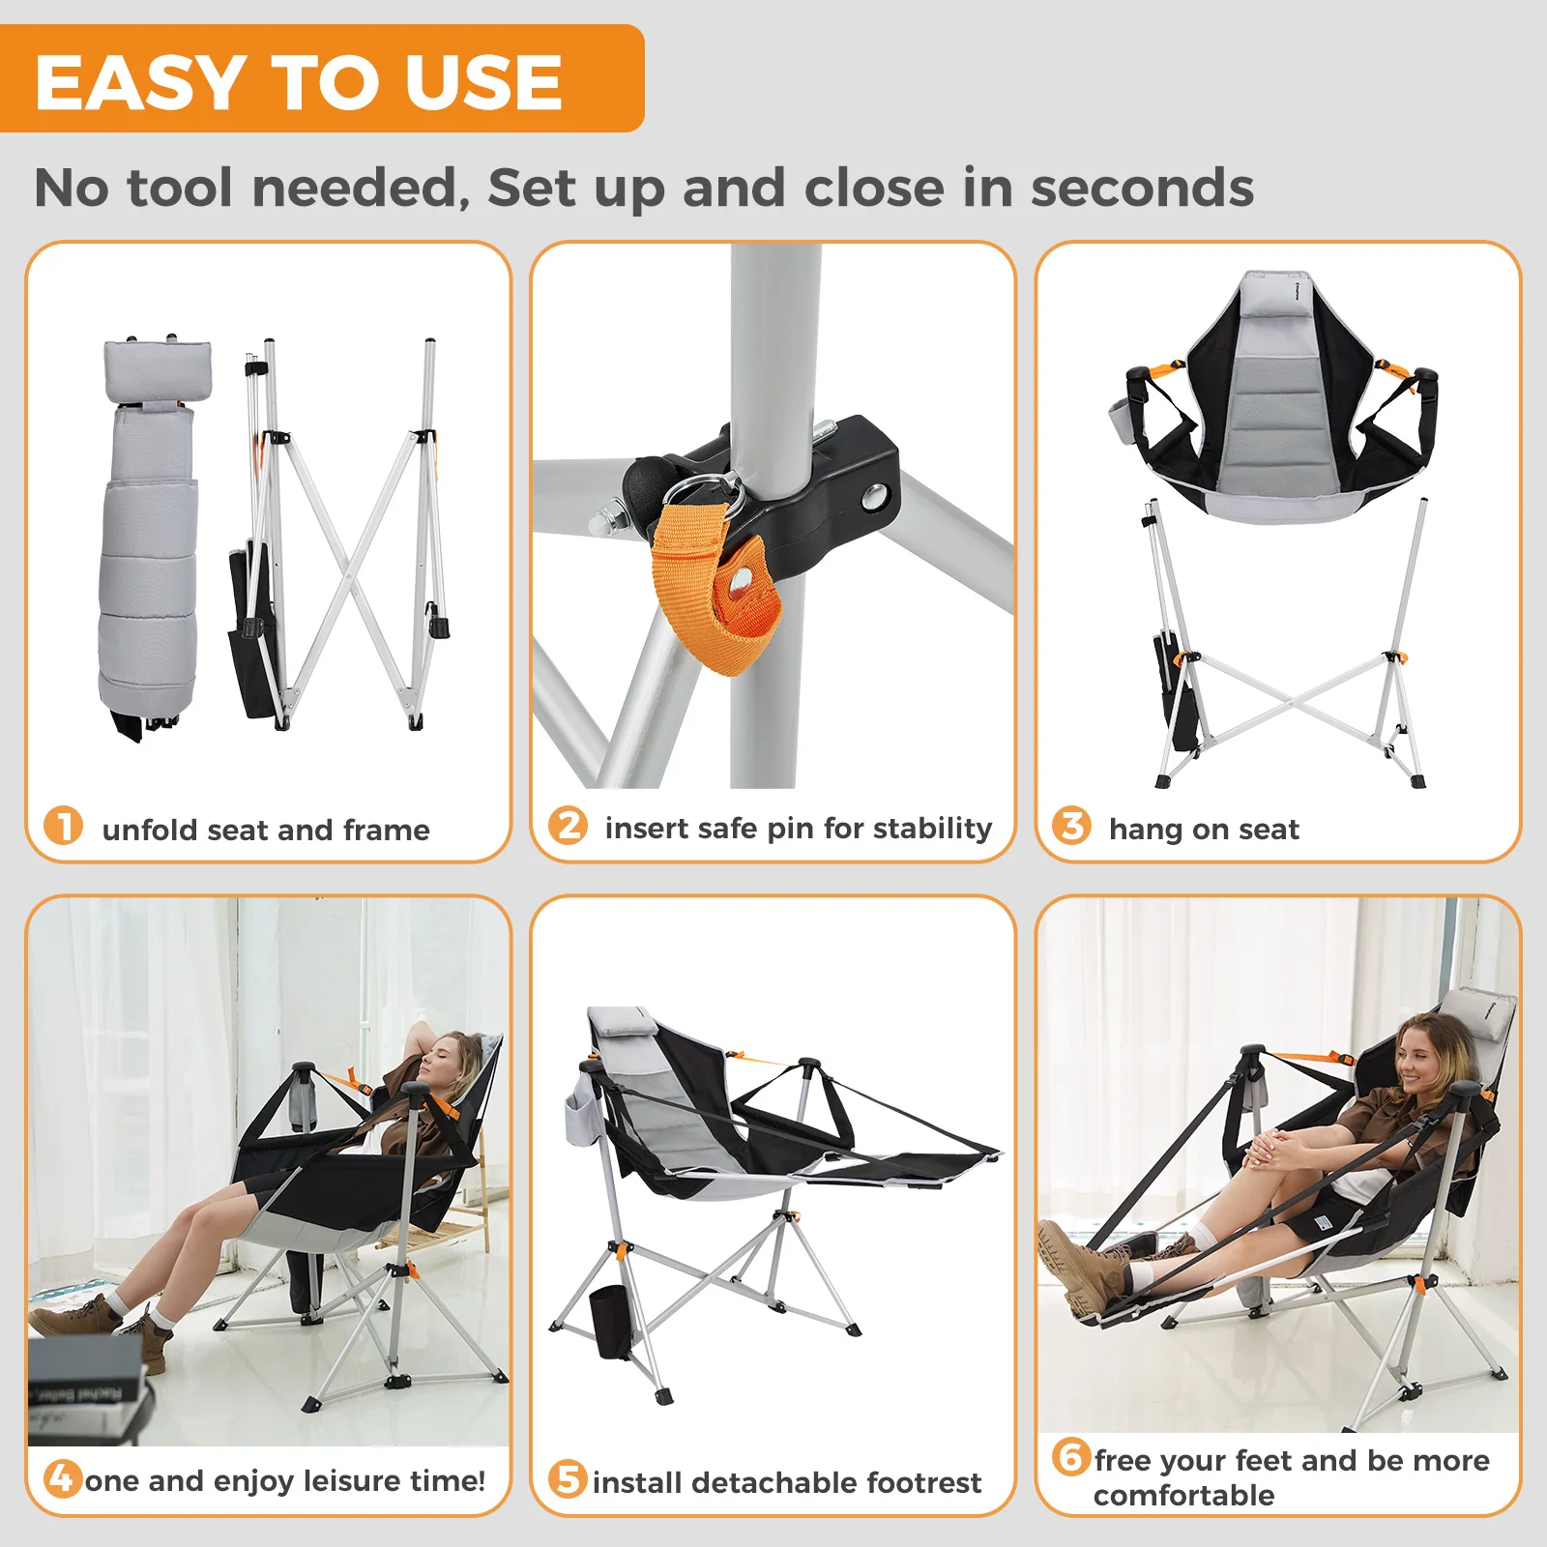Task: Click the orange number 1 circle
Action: coord(64,826)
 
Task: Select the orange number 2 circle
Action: coord(568,826)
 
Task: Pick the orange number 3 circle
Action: coord(1071,826)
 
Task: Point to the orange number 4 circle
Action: coord(63,1478)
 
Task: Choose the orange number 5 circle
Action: coord(568,1479)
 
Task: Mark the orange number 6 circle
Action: coord(1071,1456)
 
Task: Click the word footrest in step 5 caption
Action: coord(923,1482)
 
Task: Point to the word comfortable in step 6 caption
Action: coord(1183,1496)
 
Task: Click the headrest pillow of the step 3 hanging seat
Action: coord(1276,291)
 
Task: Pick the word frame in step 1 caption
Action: coord(386,831)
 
